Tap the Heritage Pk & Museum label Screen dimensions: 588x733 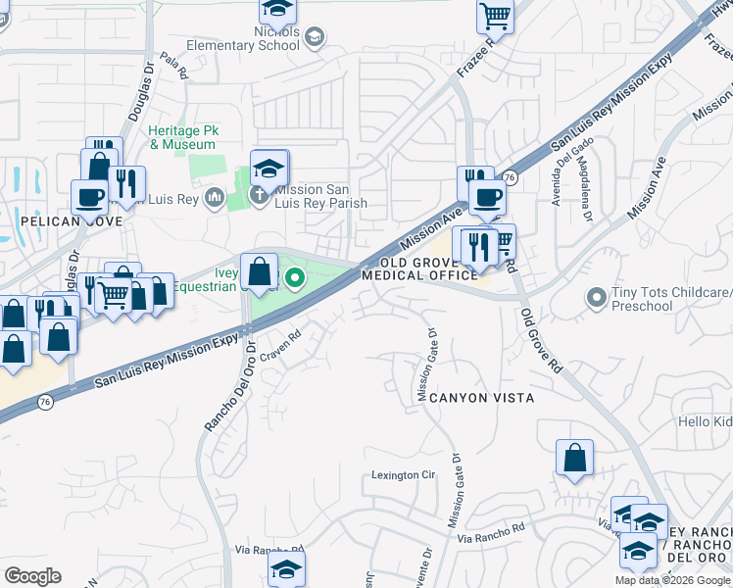point(182,137)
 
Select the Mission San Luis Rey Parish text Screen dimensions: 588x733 point(320,197)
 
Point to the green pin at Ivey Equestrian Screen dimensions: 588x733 point(294,282)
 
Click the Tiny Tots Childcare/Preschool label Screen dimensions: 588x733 point(671,299)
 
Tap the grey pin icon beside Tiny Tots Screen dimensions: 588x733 point(595,295)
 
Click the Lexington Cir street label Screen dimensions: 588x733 point(402,475)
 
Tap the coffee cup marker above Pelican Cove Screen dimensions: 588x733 point(90,196)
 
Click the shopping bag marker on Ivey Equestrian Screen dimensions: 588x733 point(259,270)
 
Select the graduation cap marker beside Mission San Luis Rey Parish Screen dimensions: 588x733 point(269,167)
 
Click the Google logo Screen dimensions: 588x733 point(33,576)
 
